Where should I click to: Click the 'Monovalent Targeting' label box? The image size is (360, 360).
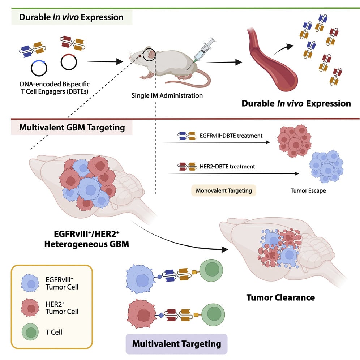[x=224, y=190]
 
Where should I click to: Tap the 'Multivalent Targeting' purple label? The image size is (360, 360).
[x=176, y=343]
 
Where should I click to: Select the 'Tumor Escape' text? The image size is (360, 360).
[x=308, y=190]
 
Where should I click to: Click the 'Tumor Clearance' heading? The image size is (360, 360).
[x=280, y=297]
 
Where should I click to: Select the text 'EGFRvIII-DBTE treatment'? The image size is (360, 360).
[x=231, y=136]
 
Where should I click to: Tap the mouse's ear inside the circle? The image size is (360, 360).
[x=150, y=55]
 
